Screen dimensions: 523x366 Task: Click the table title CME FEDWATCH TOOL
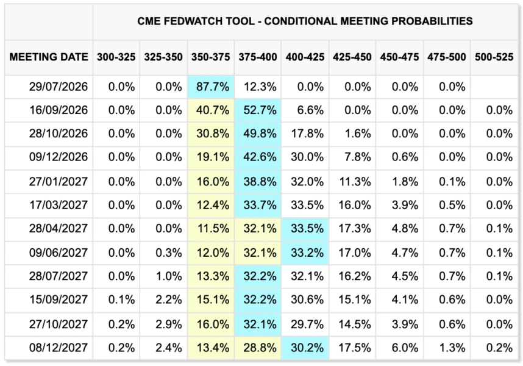pyautogui.click(x=196, y=21)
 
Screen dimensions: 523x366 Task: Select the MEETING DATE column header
pyautogui.click(x=49, y=57)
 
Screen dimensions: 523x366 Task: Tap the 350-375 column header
pyautogui.click(x=210, y=57)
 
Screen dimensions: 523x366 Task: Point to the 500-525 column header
pyautogui.click(x=494, y=57)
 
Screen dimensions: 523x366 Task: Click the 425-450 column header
pyautogui.click(x=352, y=57)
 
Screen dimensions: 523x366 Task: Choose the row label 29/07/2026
pyautogui.click(x=59, y=87)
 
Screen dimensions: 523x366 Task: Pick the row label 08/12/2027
pyautogui.click(x=59, y=348)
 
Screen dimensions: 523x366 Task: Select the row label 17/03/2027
pyautogui.click(x=59, y=205)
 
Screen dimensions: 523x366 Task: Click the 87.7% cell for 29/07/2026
pyautogui.click(x=213, y=87)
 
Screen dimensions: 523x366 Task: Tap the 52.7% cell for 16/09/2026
pyautogui.click(x=260, y=110)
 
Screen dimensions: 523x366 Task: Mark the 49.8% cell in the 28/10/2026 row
pyautogui.click(x=260, y=134)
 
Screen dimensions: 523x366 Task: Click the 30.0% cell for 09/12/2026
pyautogui.click(x=307, y=157)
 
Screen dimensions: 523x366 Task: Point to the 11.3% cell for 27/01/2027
pyautogui.click(x=355, y=182)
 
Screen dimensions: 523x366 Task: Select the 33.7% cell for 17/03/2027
pyautogui.click(x=260, y=205)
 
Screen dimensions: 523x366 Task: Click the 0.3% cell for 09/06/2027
pyautogui.click(x=169, y=253)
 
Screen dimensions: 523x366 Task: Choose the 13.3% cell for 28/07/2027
pyautogui.click(x=213, y=276)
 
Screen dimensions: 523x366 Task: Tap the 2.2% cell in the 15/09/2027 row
pyautogui.click(x=169, y=300)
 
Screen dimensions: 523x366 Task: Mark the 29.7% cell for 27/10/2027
pyautogui.click(x=307, y=325)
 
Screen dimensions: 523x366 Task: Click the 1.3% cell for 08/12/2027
pyautogui.click(x=452, y=348)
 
